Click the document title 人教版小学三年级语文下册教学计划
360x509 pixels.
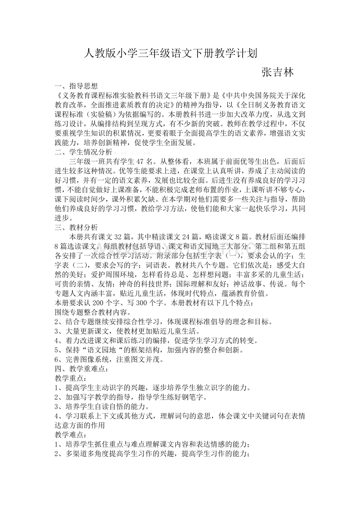coord(171,53)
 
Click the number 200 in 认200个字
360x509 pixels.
coord(97,303)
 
